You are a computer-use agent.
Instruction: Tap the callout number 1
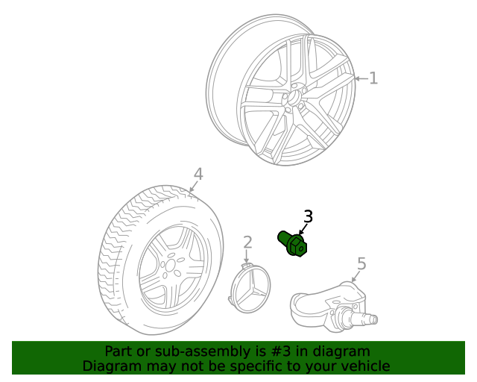373,78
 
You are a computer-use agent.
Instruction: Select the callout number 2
247,242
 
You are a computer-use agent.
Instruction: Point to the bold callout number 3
308,217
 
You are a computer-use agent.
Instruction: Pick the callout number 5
361,263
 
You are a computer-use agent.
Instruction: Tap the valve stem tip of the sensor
373,320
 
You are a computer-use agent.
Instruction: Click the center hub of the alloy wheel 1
295,98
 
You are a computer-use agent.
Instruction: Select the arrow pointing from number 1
359,78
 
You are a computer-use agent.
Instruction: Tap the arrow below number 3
302,229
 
